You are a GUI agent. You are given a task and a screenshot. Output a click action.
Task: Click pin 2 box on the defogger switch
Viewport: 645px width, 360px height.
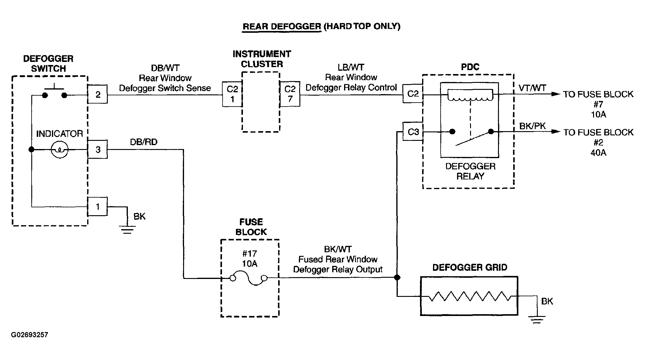[97, 95]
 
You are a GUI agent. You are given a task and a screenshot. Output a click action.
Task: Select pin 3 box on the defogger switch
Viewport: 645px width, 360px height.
[97, 149]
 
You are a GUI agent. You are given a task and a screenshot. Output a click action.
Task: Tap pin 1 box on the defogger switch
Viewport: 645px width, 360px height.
[97, 206]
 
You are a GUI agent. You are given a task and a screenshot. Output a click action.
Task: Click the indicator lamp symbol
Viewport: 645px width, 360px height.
[60, 149]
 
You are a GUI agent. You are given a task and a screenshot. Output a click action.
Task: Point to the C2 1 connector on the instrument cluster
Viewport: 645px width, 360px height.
[232, 94]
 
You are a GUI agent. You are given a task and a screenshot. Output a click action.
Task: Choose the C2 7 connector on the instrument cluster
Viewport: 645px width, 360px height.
[290, 94]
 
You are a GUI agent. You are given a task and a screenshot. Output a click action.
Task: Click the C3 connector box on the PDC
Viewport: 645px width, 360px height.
[413, 131]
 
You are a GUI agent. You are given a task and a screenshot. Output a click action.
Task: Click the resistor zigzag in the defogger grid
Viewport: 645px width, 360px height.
[470, 296]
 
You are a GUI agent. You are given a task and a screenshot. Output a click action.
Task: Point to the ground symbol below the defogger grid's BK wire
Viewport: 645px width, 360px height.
[537, 320]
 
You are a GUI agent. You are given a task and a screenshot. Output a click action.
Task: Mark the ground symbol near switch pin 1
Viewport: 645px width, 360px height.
[127, 230]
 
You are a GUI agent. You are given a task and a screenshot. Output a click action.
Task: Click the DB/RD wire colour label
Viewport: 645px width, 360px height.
[144, 142]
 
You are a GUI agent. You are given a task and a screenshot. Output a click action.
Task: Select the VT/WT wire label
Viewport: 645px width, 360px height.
[532, 88]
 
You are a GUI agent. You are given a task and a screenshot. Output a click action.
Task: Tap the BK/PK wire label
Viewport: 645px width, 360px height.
[532, 126]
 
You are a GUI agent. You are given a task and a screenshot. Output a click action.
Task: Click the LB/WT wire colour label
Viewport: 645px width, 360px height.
[351, 67]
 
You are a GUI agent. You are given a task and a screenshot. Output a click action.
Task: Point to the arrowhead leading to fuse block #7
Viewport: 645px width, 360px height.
[556, 94]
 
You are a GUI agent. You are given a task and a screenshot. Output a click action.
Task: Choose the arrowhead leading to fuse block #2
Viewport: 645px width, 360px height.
[556, 131]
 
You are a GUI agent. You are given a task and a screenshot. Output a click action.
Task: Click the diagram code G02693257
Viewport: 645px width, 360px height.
[29, 335]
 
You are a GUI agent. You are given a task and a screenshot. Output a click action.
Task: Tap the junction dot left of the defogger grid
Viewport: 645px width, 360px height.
[397, 277]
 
